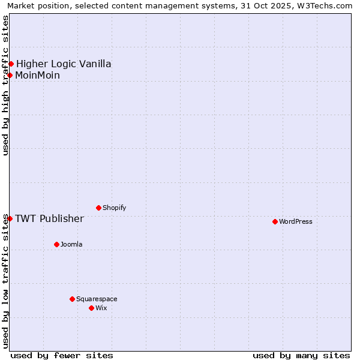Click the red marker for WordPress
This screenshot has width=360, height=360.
point(275,221)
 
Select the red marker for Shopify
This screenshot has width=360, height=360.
point(98,208)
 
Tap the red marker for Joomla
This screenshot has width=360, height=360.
point(56,244)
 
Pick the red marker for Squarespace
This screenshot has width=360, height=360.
point(72,299)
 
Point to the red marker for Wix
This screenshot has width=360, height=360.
point(91,308)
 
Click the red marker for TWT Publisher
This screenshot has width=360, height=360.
point(10,218)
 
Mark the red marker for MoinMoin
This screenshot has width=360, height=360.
point(10,75)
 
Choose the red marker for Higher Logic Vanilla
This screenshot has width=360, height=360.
point(11,64)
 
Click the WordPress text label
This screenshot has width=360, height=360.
point(296,222)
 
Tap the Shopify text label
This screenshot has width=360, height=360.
point(115,208)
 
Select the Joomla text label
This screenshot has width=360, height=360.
point(71,245)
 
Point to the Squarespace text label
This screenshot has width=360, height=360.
point(97,299)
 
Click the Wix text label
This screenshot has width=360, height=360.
point(101,308)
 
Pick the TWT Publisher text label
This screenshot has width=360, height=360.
point(49,218)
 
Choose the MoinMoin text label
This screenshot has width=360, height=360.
point(37,76)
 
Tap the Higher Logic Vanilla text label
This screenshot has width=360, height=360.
point(64,64)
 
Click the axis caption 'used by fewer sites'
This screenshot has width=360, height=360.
point(62,355)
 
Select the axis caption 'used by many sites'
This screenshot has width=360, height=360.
point(301,355)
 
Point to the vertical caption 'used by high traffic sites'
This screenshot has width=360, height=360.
point(6,85)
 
